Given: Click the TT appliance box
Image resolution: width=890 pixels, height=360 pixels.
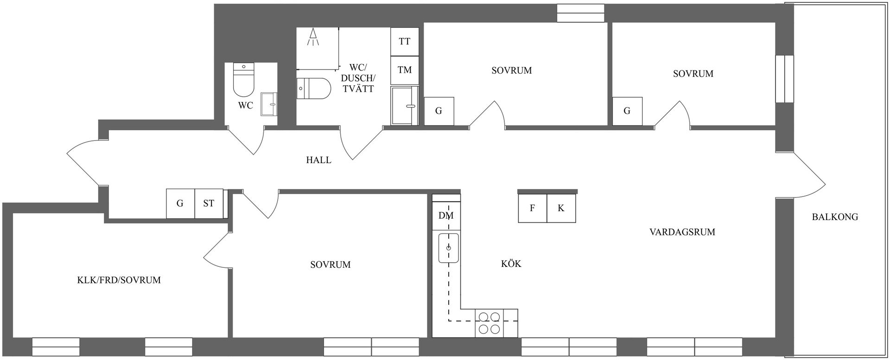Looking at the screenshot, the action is point(405,41).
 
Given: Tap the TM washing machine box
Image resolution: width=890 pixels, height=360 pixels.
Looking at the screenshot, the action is point(405,70).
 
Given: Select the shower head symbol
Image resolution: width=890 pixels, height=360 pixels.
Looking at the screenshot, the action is point(313,37).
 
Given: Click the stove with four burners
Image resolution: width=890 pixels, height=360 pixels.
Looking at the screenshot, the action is point(489,323).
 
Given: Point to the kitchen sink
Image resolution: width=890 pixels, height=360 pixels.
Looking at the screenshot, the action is point(448,248).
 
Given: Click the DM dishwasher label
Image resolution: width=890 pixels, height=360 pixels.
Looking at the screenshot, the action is point(446,215).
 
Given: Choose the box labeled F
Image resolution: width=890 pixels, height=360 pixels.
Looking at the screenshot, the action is point(533,208).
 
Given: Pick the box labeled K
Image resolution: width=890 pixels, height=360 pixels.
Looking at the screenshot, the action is point(561,208).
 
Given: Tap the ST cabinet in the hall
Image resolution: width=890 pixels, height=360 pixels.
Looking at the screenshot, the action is point(209,203).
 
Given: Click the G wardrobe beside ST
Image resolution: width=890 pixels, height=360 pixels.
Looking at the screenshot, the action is point(180,203).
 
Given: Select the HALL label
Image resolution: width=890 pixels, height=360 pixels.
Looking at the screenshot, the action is point(319,160).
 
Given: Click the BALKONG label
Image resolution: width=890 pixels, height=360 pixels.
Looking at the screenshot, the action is point(835,216).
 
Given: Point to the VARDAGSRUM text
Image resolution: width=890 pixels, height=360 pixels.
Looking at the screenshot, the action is point(682,232).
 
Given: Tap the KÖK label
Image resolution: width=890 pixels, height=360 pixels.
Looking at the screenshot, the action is point(511,264).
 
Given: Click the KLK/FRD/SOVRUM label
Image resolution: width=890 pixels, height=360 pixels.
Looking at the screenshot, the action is point(119,280).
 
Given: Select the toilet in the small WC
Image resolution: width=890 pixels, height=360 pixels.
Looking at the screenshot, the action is point(244,79).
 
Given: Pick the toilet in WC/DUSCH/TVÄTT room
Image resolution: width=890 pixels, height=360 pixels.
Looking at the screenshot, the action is point(314,88).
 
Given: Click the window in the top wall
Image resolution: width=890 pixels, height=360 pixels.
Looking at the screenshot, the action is point(581,13).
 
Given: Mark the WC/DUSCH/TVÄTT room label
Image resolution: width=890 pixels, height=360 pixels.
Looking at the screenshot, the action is point(358,78).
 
